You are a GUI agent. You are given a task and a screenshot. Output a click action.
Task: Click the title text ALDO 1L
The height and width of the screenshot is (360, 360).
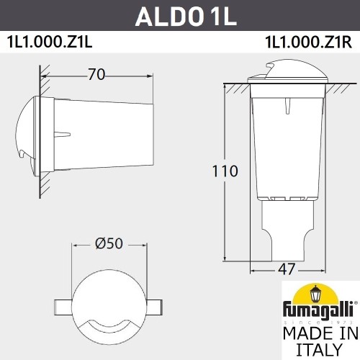[x=179, y=15]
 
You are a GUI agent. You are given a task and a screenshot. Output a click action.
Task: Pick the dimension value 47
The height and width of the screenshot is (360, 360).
[x=287, y=269]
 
